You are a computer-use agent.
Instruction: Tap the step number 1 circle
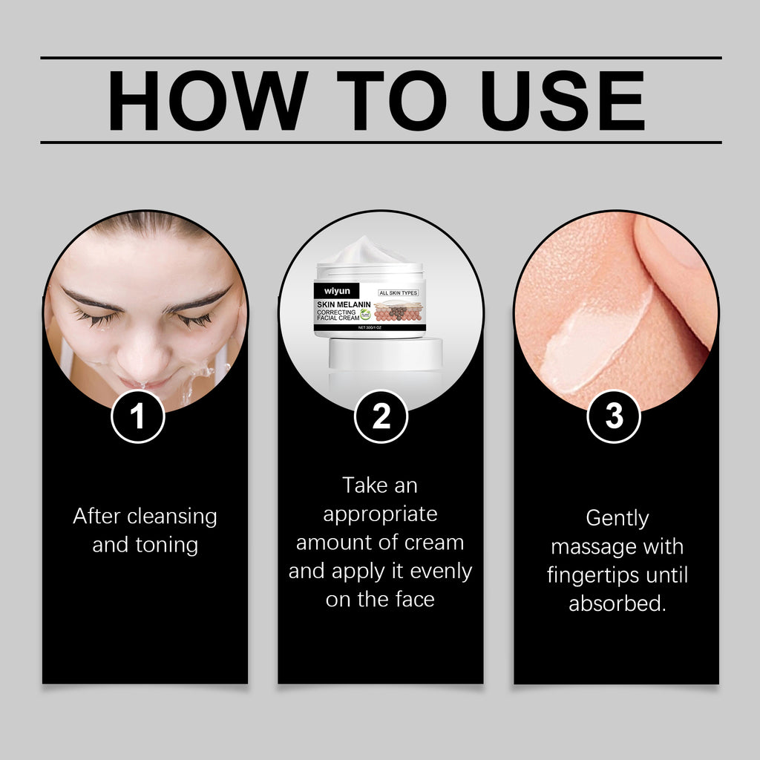pos(138,417)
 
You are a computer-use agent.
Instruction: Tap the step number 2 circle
pos(381,417)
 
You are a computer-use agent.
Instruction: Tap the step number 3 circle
pos(614,417)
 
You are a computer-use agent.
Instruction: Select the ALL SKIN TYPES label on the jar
pos(399,292)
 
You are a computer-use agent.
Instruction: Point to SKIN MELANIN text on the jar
pos(344,304)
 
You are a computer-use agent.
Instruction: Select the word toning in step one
pos(167,545)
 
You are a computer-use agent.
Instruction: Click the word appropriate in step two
pos(380,514)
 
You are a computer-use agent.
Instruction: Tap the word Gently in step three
pos(617,518)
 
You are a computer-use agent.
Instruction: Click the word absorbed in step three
pos(617,603)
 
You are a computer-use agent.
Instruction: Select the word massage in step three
pos(590,547)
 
